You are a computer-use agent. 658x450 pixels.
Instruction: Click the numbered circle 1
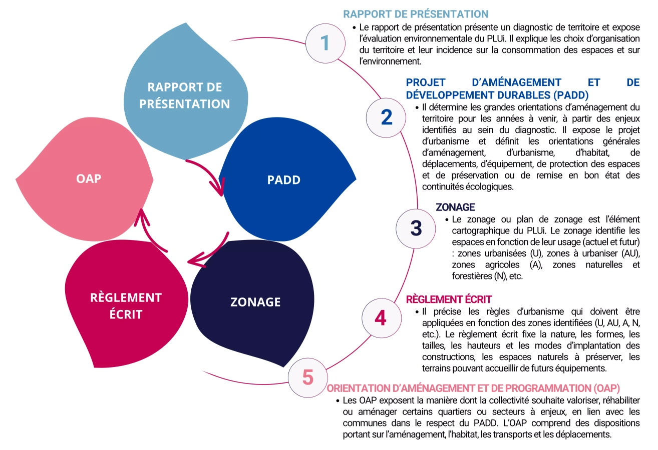(325, 43)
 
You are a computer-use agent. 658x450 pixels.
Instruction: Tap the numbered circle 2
(387, 116)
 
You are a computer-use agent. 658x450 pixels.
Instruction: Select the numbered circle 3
(416, 227)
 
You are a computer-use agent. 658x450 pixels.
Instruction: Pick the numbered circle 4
(381, 318)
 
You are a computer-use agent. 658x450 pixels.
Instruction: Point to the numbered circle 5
(307, 376)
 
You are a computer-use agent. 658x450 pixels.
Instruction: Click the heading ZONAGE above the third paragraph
(455, 207)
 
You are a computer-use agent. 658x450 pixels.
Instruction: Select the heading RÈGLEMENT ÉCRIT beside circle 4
(449, 299)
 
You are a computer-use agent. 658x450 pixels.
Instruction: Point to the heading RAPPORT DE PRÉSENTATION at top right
(415, 14)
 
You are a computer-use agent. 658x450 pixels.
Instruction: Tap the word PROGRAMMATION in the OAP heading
(532, 388)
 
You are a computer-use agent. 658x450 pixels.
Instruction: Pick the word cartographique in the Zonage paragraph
(479, 231)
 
